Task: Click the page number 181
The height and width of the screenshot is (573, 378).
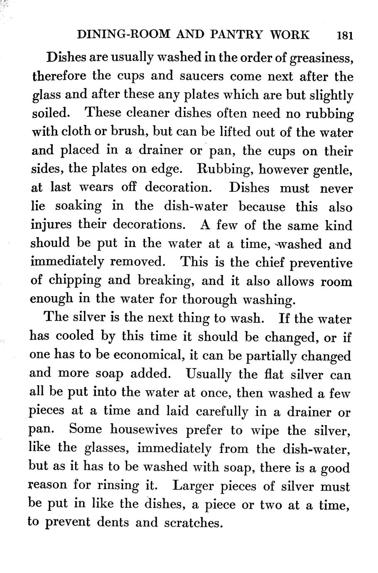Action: click(345, 36)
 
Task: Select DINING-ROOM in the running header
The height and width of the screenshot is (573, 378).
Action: click(124, 35)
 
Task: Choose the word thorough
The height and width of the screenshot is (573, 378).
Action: click(209, 299)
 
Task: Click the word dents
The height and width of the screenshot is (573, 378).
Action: click(113, 522)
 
